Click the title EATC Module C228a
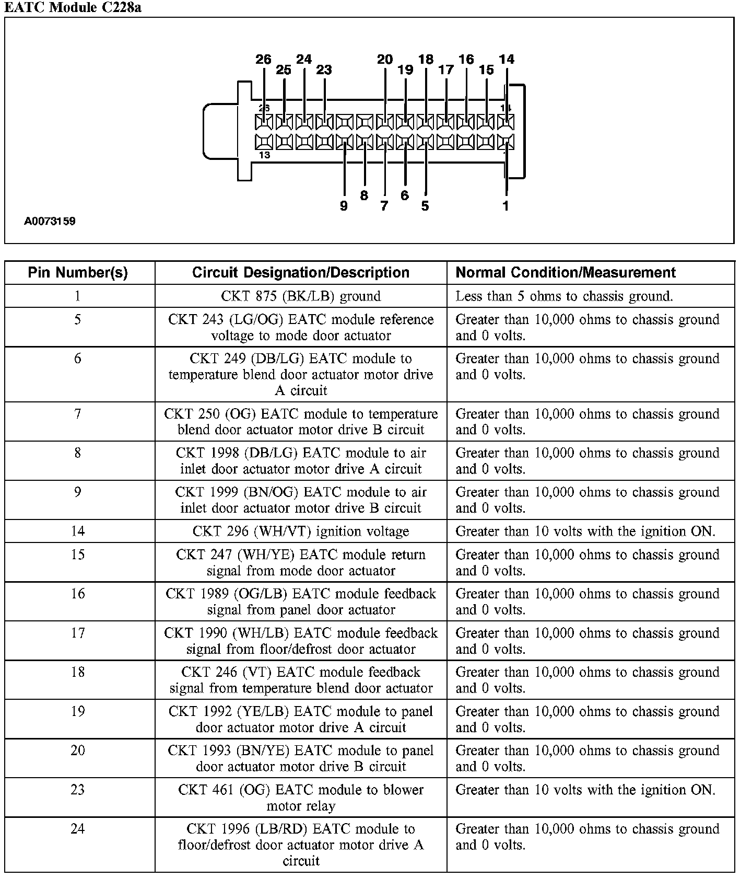point(73,7)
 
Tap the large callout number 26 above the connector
point(264,60)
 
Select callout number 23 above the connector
point(324,70)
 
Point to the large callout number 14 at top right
point(506,60)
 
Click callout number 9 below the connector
point(344,206)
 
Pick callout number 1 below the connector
point(506,206)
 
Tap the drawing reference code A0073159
point(50,221)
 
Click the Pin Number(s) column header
point(78,272)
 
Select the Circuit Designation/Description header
point(301,272)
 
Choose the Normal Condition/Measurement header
point(566,272)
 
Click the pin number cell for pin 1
point(78,296)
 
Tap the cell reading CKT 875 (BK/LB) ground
point(301,296)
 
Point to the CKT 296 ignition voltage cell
point(301,532)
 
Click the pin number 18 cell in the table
point(78,672)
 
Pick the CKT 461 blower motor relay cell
point(301,798)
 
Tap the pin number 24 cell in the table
point(78,829)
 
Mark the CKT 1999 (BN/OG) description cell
point(301,500)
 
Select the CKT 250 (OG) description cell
point(301,422)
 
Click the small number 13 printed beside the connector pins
point(264,155)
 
